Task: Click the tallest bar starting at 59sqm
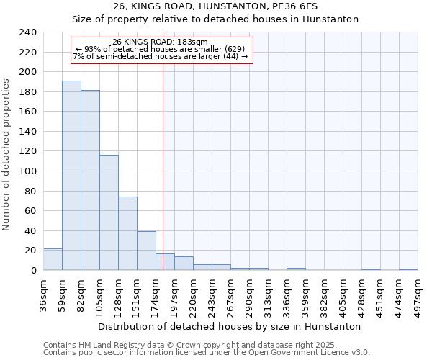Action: pos(71,176)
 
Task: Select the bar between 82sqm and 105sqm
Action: pos(90,180)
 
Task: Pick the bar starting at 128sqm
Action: pos(127,233)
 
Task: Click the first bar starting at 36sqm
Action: pos(53,259)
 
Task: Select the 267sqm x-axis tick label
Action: pos(231,294)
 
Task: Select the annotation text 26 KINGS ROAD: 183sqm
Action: pos(161,42)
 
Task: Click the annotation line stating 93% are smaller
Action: pos(161,49)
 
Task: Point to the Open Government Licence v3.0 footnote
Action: pos(207,353)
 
